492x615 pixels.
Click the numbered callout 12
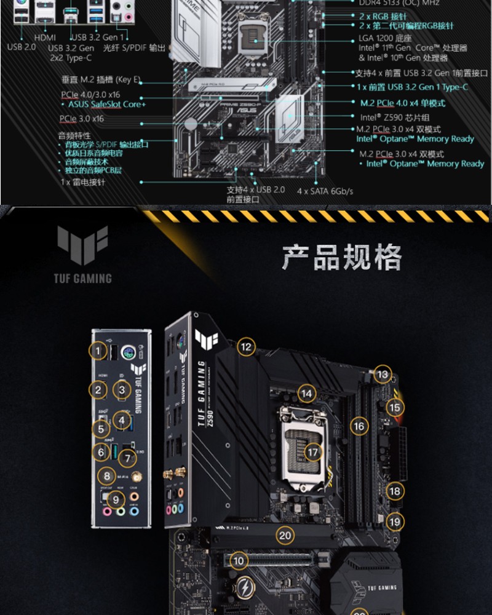coord(246,347)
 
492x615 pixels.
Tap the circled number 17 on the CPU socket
coord(314,453)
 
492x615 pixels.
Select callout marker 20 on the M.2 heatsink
coord(285,535)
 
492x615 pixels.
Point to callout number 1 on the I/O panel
coord(97,351)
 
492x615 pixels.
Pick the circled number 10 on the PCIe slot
coord(239,560)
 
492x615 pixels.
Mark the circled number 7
coord(127,458)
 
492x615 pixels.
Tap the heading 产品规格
coord(341,257)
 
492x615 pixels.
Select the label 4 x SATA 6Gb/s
coord(325,191)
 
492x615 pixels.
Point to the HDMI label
coord(45,38)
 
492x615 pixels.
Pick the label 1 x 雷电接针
coord(82,183)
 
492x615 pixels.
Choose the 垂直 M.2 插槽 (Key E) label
coord(101,79)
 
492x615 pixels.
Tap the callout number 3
coord(122,389)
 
